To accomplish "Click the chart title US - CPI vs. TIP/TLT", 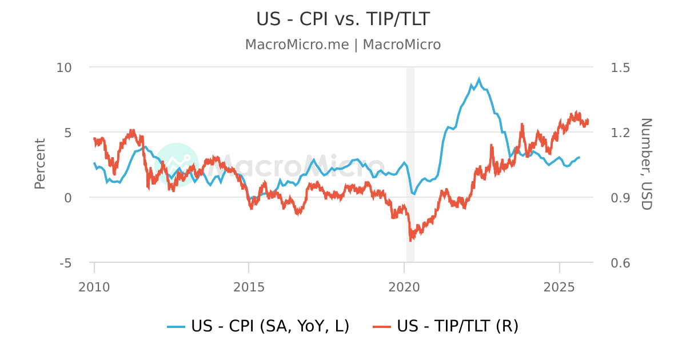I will coord(343,19).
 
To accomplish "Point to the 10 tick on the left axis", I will coord(64,67).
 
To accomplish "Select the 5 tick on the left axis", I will coord(68,133).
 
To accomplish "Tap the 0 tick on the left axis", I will coord(68,198).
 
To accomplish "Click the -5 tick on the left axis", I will coord(65,263).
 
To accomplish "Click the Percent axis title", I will coord(40,164).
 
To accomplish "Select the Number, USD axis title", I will coord(646,164).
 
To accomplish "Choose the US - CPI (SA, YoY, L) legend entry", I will coord(258,326).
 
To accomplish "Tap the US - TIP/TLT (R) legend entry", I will coord(446,326).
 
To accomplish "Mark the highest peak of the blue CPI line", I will coord(478,79).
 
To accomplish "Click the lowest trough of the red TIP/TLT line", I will coord(410,240).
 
